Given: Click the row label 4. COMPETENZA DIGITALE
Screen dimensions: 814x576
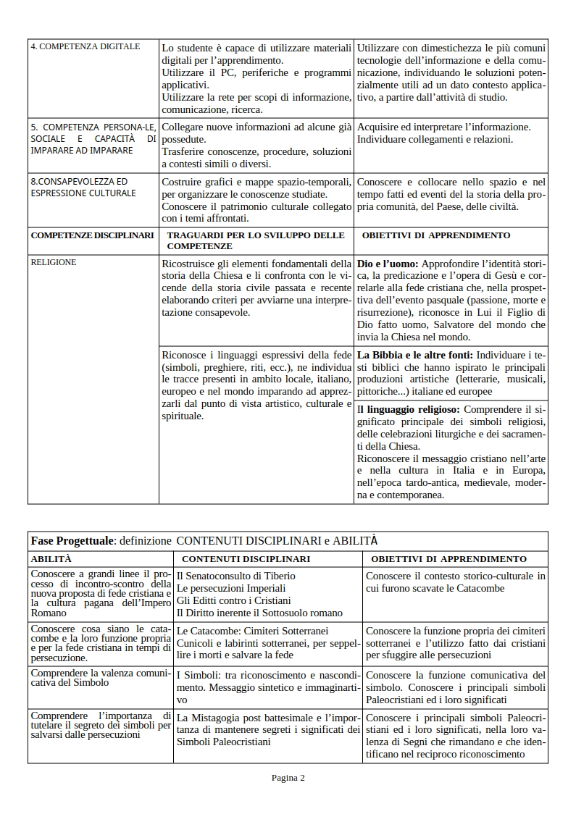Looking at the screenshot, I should click(x=85, y=46).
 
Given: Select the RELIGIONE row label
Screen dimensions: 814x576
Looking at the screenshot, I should click(x=53, y=262).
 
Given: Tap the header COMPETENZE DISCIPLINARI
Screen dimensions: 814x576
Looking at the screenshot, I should click(x=92, y=235).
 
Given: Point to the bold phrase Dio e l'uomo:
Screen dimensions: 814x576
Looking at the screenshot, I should click(x=388, y=263).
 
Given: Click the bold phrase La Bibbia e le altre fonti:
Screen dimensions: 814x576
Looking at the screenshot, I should click(x=415, y=355).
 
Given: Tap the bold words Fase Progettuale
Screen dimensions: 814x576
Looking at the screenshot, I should click(x=72, y=541).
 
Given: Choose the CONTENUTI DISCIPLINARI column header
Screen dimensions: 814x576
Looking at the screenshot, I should click(x=246, y=559).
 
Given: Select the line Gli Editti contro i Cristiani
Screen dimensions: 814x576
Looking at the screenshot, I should click(x=233, y=600).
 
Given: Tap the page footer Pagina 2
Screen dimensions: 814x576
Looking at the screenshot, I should click(x=288, y=778).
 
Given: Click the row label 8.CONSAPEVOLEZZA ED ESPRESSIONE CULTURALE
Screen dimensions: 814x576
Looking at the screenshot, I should click(x=83, y=188).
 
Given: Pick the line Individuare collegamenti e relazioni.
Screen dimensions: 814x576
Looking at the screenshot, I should click(x=435, y=139).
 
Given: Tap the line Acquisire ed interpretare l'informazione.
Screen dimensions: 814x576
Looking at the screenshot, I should click(x=443, y=127).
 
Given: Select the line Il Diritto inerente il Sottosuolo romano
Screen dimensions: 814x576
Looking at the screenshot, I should click(x=259, y=613).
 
